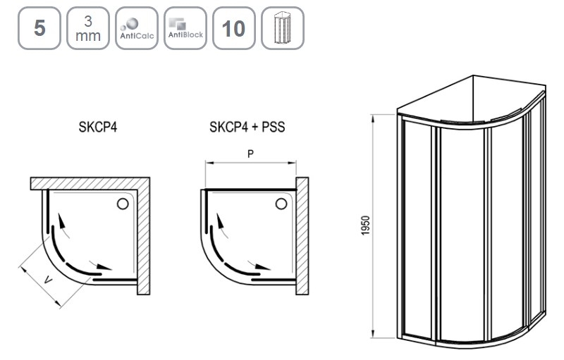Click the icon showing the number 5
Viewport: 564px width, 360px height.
click(x=39, y=28)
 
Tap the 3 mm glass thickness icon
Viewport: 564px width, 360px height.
click(x=88, y=28)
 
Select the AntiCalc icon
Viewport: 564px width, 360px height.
click(x=137, y=28)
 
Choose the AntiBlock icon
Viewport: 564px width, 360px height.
click(x=185, y=28)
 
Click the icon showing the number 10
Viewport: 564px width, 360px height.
click(x=234, y=28)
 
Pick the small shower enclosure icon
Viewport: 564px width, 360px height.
click(x=283, y=28)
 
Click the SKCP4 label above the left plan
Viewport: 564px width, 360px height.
click(x=98, y=128)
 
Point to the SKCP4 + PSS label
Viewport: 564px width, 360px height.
click(x=247, y=128)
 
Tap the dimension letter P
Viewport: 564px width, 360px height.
click(x=250, y=154)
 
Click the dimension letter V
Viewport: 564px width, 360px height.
click(x=48, y=280)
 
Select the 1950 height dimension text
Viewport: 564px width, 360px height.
click(x=365, y=225)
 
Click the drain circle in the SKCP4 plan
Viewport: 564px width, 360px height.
click(x=123, y=204)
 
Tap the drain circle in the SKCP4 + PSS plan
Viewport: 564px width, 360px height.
click(x=281, y=204)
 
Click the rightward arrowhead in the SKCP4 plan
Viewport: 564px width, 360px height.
click(x=104, y=267)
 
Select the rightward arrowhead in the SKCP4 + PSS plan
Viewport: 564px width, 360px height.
click(x=262, y=267)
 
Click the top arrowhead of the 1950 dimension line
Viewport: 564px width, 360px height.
click(x=374, y=119)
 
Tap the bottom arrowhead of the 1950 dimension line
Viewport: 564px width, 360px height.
click(x=374, y=333)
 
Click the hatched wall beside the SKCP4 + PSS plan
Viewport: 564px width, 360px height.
click(x=302, y=236)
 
